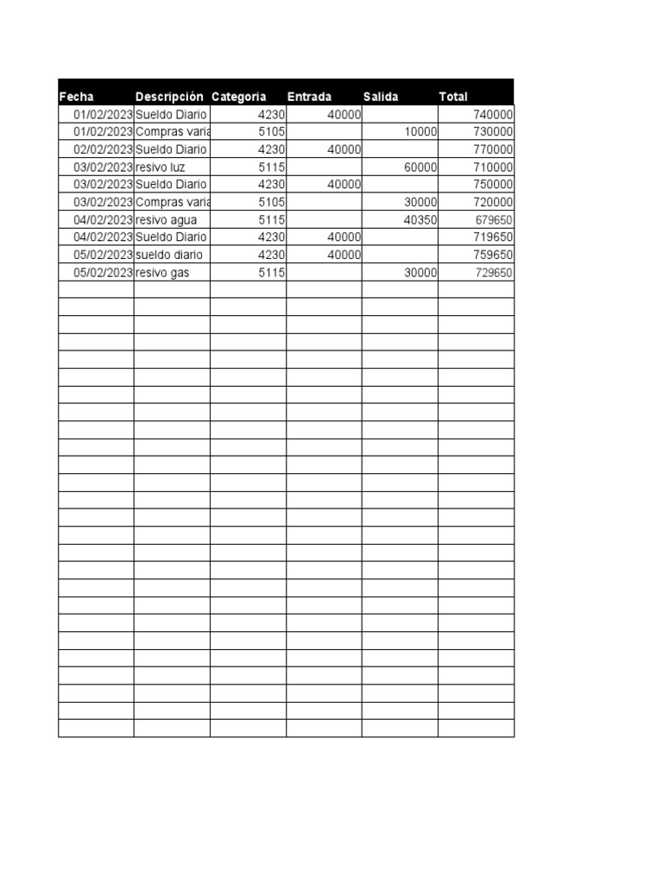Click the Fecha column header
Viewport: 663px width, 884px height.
(x=77, y=97)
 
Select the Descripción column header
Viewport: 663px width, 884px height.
(x=169, y=97)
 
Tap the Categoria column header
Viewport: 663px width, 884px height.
(x=238, y=97)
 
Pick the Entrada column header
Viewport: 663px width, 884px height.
(x=309, y=97)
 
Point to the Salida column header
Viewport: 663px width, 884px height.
(x=381, y=97)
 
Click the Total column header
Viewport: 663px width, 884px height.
(x=453, y=97)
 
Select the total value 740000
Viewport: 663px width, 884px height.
(x=493, y=115)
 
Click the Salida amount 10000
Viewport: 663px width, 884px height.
(x=420, y=132)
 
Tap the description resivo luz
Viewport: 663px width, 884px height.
(x=161, y=167)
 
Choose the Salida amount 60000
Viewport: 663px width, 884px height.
(x=420, y=167)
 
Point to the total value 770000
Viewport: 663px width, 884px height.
(x=493, y=149)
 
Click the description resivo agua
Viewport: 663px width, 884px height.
(x=166, y=220)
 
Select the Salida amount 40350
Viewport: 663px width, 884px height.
(x=420, y=220)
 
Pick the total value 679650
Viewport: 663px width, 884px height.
(x=494, y=220)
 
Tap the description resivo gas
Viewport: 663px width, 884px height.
(x=162, y=273)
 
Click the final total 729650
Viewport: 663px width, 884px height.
(x=494, y=273)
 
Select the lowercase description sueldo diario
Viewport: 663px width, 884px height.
(x=170, y=255)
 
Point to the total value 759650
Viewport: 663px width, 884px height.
(x=493, y=255)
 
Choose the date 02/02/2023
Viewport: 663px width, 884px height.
(x=103, y=149)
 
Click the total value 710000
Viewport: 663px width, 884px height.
(x=493, y=167)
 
